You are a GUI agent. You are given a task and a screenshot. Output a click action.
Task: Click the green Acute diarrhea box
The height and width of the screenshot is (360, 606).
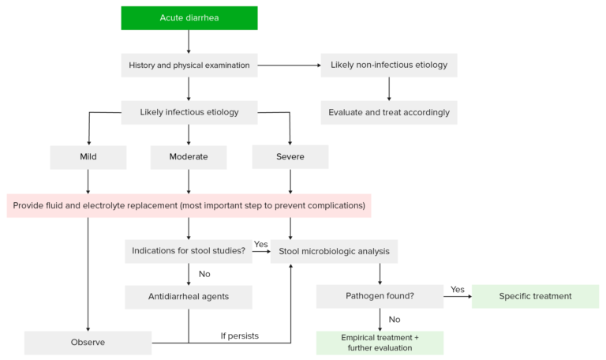[x=189, y=17]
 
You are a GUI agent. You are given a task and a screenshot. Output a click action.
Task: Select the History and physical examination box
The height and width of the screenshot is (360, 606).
[x=189, y=66]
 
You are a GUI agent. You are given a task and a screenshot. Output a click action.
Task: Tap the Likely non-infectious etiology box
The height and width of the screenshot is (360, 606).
[x=389, y=66]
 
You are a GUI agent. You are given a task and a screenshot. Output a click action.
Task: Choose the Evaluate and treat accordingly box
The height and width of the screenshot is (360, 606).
[x=389, y=112]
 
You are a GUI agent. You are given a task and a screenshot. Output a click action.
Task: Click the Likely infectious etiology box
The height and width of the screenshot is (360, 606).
[x=189, y=112]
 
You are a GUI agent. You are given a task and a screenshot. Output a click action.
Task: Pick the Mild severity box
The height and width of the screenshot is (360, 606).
[x=88, y=157]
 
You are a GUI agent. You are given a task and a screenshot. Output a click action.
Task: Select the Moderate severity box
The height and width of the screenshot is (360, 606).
[x=189, y=157]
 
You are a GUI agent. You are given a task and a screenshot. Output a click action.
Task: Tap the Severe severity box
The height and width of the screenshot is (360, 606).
[x=290, y=157]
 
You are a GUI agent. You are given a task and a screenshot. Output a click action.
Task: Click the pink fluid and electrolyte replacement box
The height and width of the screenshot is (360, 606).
[x=189, y=206]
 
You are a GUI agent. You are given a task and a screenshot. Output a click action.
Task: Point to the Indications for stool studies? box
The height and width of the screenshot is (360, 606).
[x=188, y=252]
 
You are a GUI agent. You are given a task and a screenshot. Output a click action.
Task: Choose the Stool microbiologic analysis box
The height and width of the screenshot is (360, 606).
[x=334, y=252]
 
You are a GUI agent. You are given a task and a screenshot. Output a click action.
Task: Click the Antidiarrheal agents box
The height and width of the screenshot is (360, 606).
[x=188, y=297]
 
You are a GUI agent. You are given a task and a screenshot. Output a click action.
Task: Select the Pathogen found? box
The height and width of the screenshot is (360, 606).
[x=380, y=297]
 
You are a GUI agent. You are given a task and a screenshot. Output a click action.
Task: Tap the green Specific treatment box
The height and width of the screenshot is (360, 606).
[x=535, y=297]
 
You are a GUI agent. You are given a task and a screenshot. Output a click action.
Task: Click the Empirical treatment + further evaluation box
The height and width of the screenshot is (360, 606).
[x=380, y=343]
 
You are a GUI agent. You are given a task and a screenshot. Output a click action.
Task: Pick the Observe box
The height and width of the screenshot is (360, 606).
[x=88, y=343]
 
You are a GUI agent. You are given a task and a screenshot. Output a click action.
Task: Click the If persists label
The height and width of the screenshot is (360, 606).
[x=239, y=336]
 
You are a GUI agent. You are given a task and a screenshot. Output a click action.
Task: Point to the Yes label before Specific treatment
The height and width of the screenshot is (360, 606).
[x=457, y=289]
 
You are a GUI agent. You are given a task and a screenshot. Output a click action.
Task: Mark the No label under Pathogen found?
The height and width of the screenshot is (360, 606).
[x=395, y=321]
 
